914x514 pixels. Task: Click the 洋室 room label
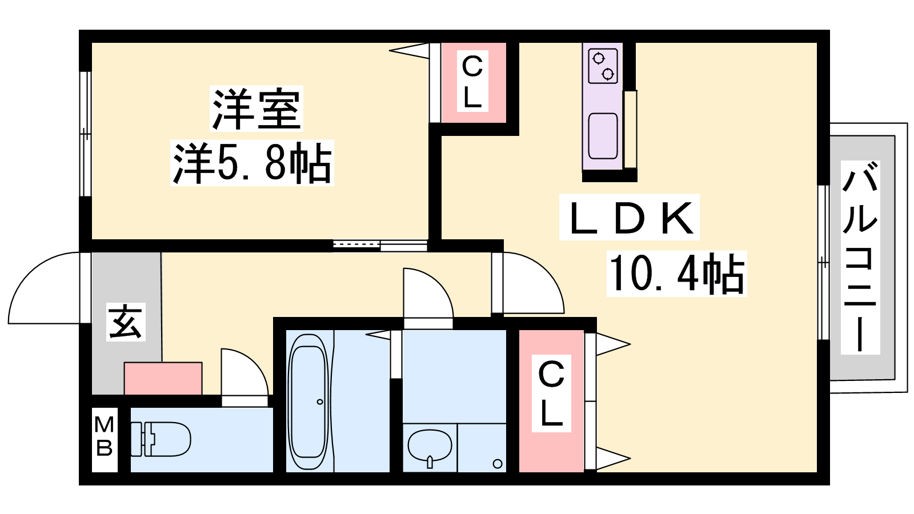[256, 109]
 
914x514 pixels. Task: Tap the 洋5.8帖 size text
[252, 163]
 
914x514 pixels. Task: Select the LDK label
[630, 218]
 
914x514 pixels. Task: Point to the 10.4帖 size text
[676, 274]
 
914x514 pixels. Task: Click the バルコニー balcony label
[860, 257]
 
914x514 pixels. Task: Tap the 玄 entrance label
[126, 322]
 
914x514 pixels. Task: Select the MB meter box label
[104, 436]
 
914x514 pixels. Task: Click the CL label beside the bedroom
[472, 82]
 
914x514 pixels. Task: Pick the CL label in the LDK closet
[551, 393]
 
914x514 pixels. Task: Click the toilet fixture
[161, 439]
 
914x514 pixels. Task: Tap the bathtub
[308, 402]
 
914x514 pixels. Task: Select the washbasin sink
[430, 446]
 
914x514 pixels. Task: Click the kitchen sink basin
[603, 135]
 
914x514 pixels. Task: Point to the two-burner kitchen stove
[603, 66]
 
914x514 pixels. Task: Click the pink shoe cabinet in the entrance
[163, 378]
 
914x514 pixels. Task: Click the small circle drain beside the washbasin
[497, 463]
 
